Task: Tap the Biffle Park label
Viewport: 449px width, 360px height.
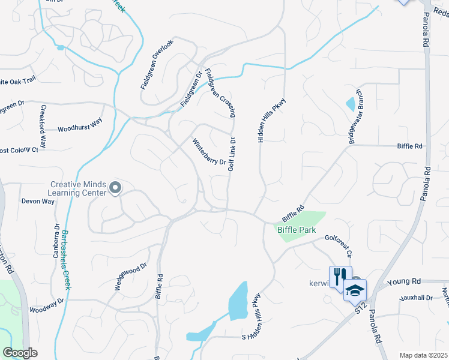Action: (x=295, y=229)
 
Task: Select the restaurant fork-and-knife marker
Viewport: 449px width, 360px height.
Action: (x=340, y=277)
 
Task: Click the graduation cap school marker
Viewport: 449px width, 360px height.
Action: (x=355, y=290)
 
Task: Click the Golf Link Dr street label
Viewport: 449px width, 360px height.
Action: (x=231, y=155)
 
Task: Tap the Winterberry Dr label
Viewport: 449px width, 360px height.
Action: (x=208, y=153)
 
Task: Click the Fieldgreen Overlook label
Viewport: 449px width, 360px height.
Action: (x=157, y=64)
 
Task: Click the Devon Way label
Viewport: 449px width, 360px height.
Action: (x=38, y=202)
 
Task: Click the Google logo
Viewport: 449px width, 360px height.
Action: (x=20, y=353)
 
